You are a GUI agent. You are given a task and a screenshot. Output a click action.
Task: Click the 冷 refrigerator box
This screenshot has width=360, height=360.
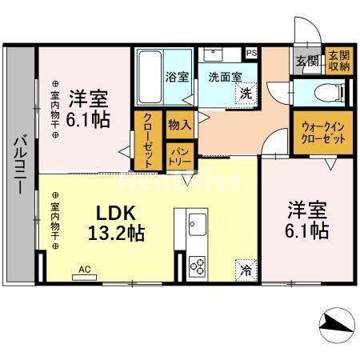[x=246, y=270]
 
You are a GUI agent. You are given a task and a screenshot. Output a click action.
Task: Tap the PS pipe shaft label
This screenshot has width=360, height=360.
[x=252, y=54]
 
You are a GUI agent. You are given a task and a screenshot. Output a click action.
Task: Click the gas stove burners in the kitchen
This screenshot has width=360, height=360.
[x=197, y=266]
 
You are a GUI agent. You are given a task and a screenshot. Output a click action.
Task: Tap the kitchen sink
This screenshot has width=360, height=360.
[x=197, y=222]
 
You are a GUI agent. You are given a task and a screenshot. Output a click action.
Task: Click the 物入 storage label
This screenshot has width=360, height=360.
[x=178, y=124]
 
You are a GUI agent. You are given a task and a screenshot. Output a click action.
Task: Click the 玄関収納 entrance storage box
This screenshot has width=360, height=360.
[x=339, y=61]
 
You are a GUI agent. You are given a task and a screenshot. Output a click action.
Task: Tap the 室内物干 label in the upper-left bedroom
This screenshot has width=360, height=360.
[x=54, y=108]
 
